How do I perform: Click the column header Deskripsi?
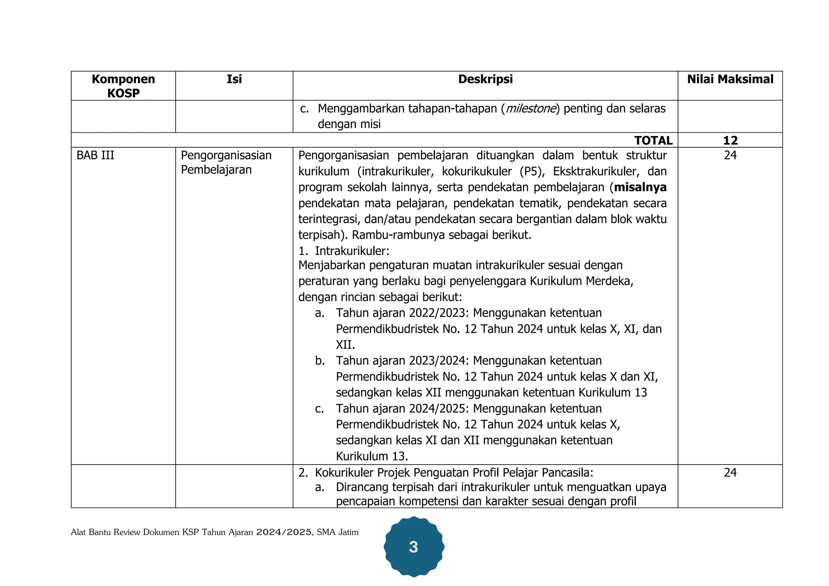(x=485, y=79)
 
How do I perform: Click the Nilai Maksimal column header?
(x=730, y=79)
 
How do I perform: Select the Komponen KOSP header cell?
(x=123, y=86)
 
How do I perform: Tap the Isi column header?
(x=234, y=79)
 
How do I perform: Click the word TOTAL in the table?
(x=653, y=140)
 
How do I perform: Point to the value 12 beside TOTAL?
(x=730, y=140)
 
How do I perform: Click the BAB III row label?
(x=96, y=155)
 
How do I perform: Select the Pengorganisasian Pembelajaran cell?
(x=226, y=162)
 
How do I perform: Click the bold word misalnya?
(x=640, y=187)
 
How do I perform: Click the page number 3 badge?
(x=413, y=547)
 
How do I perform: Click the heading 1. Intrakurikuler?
(x=344, y=251)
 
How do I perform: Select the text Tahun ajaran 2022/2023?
(x=402, y=313)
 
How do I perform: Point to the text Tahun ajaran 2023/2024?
(x=402, y=361)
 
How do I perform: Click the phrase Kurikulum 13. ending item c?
(x=372, y=456)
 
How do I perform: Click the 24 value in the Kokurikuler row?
(x=730, y=473)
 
